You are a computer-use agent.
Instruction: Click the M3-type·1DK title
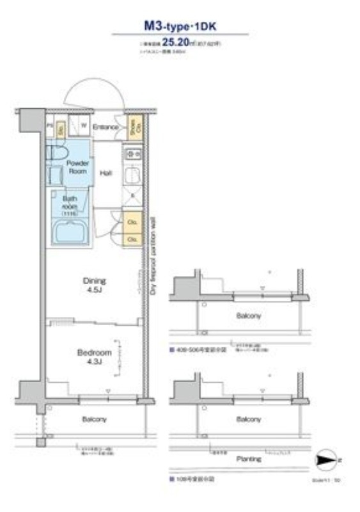tap(180, 28)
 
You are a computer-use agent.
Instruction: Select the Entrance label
tap(106, 127)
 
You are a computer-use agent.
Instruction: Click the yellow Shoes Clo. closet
tap(132, 129)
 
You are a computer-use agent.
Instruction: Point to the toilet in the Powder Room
tap(57, 153)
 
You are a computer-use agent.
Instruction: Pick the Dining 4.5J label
tap(95, 284)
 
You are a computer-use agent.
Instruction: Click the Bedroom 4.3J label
tap(94, 356)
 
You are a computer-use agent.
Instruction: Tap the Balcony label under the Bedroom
tap(94, 420)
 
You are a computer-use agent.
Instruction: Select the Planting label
tap(248, 459)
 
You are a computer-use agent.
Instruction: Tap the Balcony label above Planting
tap(248, 420)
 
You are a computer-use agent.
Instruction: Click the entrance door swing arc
tap(96, 93)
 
